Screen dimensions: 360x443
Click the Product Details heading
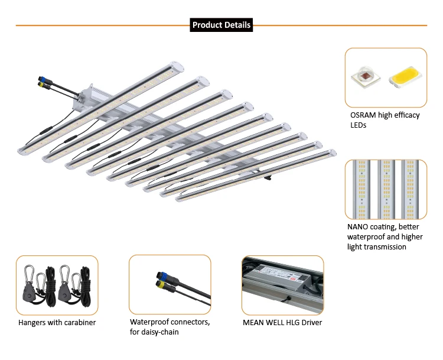coord(221,25)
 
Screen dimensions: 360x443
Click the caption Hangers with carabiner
coord(57,323)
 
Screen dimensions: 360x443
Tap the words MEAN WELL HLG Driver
coord(282,322)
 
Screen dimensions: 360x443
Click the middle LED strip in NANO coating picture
coord(386,189)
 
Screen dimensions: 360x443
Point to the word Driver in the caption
coord(311,322)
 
